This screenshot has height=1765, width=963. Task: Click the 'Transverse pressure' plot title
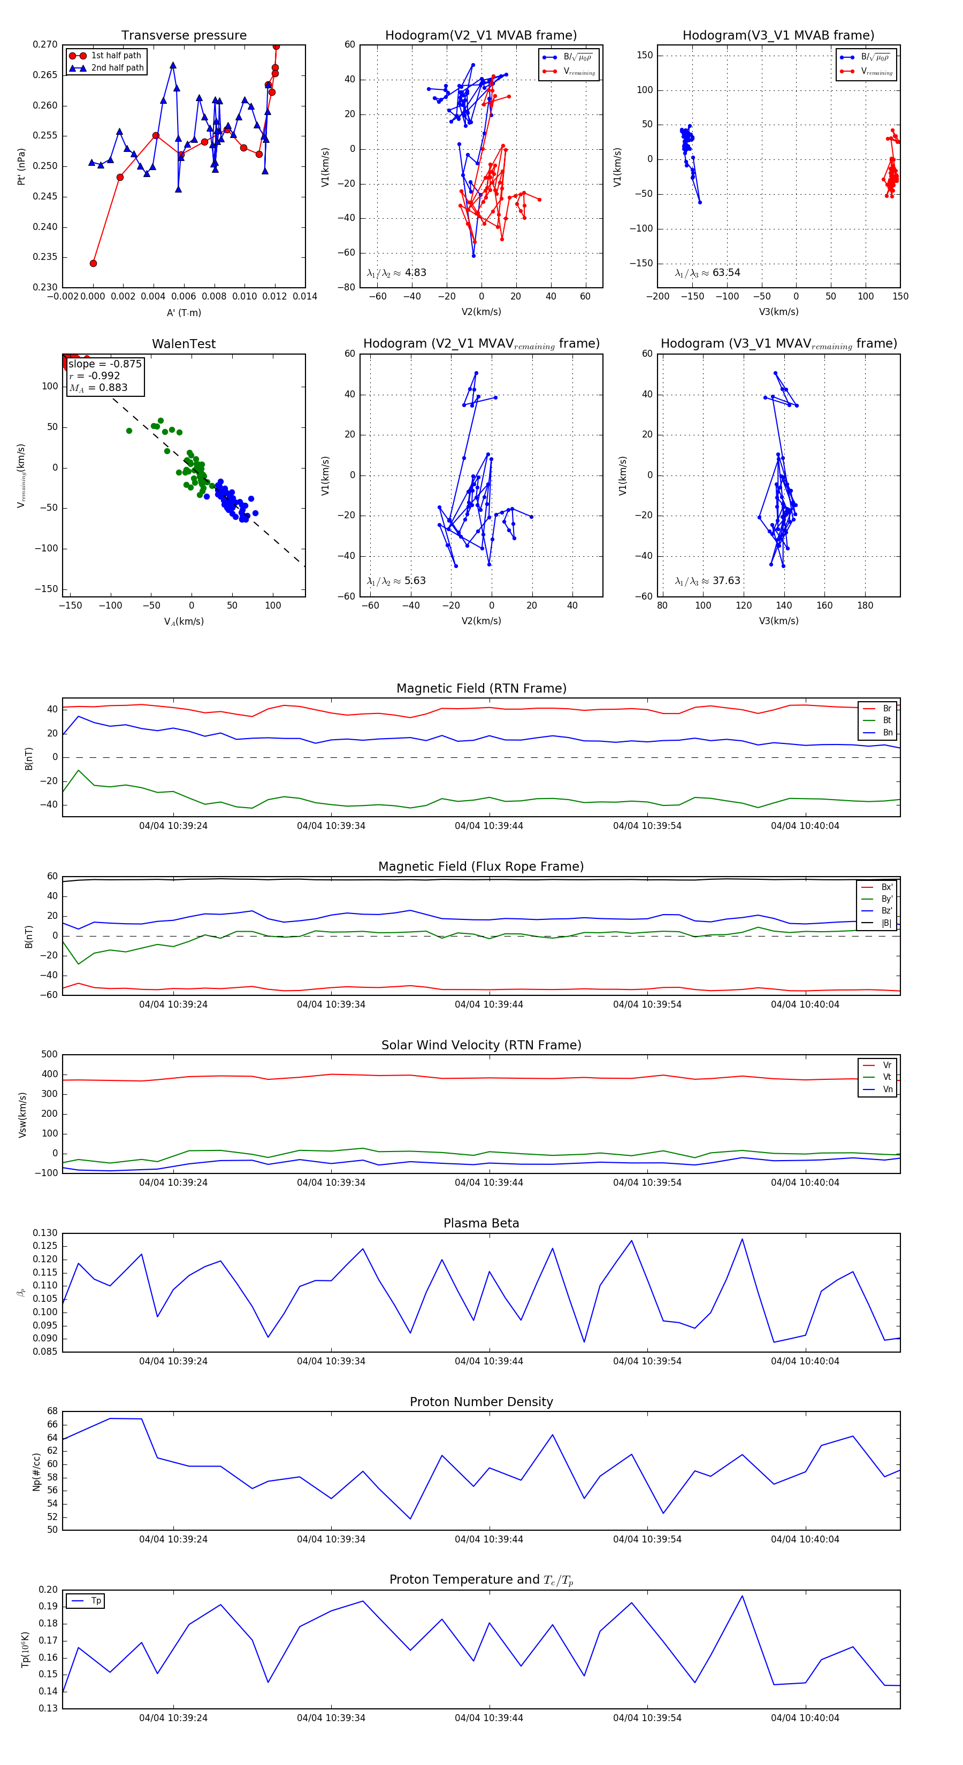[184, 36]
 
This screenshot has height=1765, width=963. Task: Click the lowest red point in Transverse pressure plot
[93, 263]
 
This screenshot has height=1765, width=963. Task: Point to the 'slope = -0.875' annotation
[105, 364]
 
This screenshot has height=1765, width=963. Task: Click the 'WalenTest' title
[184, 344]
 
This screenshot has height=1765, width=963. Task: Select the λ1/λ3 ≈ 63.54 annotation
[707, 273]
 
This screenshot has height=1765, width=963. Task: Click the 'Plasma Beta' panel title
[481, 1224]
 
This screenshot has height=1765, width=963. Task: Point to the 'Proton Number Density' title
[481, 1402]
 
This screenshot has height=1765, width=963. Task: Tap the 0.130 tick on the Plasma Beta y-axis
[46, 1233]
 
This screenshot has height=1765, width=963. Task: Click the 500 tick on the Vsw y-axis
[49, 1055]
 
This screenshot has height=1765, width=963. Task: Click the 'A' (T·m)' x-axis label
[184, 313]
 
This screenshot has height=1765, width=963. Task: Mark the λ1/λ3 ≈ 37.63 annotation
[707, 581]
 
